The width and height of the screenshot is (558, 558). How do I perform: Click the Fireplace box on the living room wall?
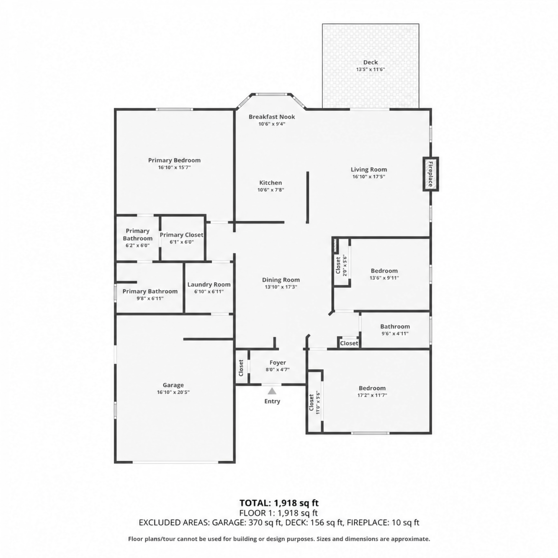430,174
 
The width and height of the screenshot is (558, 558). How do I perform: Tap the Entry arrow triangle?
272,391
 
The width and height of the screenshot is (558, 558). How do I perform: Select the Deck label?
371,62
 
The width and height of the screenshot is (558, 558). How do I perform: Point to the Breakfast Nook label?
272,116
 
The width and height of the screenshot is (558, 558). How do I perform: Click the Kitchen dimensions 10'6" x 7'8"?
271,190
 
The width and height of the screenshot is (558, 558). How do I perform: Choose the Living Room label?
369,170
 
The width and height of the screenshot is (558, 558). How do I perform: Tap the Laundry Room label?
209,285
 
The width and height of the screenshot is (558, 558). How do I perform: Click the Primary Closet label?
182,235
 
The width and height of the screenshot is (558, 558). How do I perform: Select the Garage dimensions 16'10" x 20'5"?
173,392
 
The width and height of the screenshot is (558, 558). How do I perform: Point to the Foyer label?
278,363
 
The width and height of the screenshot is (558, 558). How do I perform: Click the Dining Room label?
281,280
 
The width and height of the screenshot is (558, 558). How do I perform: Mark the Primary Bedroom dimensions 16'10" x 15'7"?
174,167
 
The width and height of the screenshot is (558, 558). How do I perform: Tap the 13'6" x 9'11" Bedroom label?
384,271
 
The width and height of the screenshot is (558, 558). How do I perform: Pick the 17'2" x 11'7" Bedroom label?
372,388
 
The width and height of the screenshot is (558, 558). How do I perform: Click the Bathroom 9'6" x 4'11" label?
395,327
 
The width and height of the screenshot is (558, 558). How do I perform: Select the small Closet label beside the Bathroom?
349,343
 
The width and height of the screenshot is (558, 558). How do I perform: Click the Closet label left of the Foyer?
241,368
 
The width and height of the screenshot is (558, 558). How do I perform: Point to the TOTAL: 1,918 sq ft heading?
279,503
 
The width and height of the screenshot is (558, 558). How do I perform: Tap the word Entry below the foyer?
272,401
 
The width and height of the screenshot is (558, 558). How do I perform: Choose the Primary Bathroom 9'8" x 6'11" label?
150,291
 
